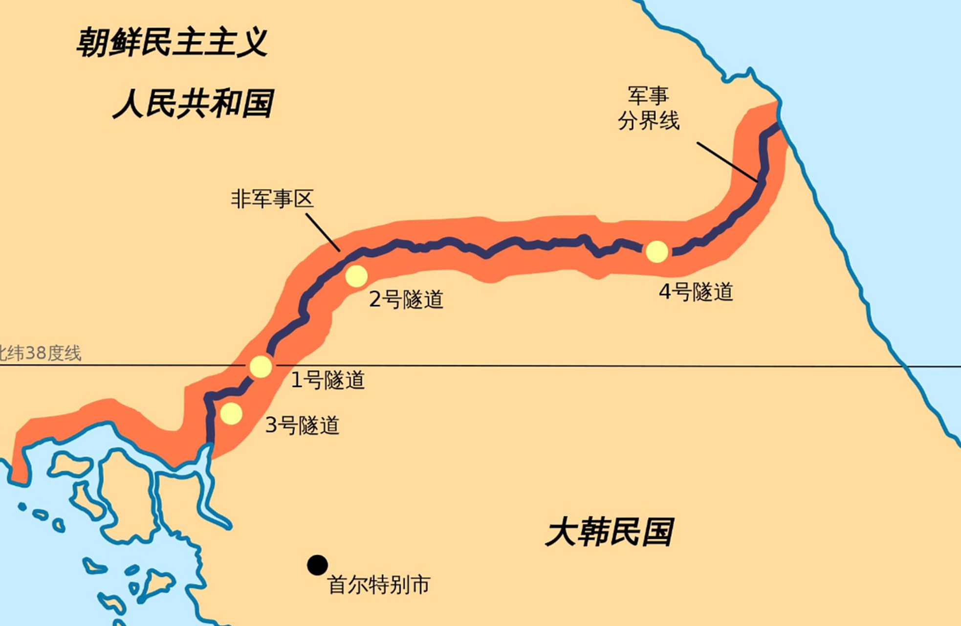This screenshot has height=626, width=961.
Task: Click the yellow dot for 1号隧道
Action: [x=261, y=366]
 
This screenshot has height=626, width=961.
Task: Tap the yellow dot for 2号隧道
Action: [x=356, y=276]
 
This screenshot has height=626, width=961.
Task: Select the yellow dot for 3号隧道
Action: [x=231, y=414]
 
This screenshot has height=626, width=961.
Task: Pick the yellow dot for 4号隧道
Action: [x=656, y=251]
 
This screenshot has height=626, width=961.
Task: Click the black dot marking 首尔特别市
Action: [x=317, y=565]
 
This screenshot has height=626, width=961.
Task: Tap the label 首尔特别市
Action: [x=379, y=585]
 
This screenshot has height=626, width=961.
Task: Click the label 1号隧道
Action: [x=328, y=380]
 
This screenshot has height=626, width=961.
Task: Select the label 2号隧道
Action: [x=406, y=299]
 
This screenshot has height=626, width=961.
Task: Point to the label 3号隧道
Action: [x=302, y=425]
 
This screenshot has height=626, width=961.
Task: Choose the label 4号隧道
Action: [x=696, y=292]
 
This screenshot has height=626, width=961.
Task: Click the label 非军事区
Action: [x=272, y=199]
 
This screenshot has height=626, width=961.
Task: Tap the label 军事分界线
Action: [x=648, y=109]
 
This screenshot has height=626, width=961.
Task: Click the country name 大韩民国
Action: [x=609, y=533]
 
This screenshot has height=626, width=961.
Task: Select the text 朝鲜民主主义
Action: [x=172, y=43]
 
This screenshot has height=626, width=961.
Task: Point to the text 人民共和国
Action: [x=193, y=103]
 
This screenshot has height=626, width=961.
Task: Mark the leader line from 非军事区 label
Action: [x=323, y=232]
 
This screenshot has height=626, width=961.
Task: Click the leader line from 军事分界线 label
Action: [x=727, y=162]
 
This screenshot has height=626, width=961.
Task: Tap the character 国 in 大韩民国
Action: [x=658, y=533]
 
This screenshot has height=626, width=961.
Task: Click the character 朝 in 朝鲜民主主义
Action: [x=92, y=43]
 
